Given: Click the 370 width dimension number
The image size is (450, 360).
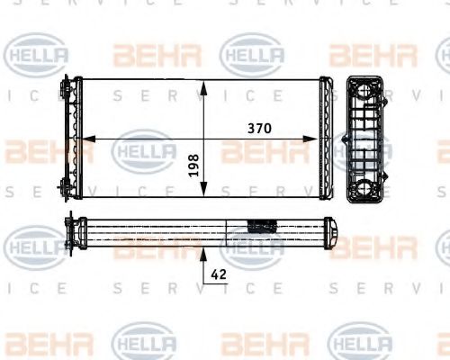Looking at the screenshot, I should [x=261, y=129].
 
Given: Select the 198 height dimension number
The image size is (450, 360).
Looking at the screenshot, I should [x=193, y=163].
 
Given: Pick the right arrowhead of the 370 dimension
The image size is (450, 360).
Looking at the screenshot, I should [x=325, y=139].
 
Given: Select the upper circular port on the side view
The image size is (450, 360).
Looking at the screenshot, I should [x=368, y=89].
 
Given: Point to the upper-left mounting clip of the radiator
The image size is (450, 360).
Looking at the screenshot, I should [x=67, y=90].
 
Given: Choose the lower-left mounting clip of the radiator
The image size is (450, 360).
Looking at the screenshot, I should [x=67, y=188].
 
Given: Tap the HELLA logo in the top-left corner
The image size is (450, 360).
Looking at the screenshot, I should [x=37, y=56].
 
